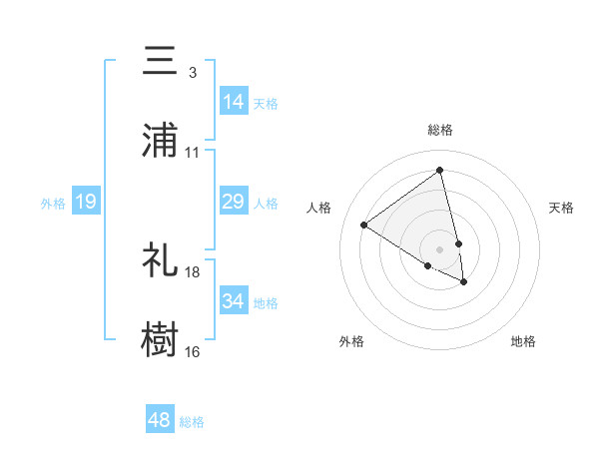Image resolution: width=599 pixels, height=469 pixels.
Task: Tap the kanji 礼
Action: click(x=160, y=259)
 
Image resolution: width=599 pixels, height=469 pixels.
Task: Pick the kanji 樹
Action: click(x=160, y=339)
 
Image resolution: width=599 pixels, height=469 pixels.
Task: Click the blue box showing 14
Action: click(x=234, y=102)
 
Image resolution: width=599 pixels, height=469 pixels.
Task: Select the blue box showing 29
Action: click(x=234, y=202)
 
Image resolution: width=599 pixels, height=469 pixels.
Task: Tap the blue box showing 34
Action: click(x=234, y=301)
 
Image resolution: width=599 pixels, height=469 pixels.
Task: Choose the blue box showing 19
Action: click(x=86, y=202)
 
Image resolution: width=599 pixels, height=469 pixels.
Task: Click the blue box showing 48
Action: click(x=160, y=420)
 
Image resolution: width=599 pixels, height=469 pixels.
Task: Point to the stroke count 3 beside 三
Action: click(x=192, y=73)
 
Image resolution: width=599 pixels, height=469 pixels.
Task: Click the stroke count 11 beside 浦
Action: click(x=193, y=153)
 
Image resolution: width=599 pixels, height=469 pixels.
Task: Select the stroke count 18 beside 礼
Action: click(x=193, y=271)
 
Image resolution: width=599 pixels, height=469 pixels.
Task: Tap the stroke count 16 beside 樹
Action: click(x=193, y=351)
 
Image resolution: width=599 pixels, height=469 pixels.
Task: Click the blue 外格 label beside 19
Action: click(x=53, y=203)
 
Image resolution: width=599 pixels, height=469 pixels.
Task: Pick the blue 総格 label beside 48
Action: click(x=192, y=422)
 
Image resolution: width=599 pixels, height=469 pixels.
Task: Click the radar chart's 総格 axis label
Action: click(x=440, y=130)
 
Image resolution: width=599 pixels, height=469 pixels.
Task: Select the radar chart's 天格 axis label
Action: click(x=562, y=208)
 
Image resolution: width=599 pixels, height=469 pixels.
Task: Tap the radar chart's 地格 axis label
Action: click(x=523, y=341)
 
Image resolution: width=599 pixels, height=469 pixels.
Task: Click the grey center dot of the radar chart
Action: click(x=440, y=248)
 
